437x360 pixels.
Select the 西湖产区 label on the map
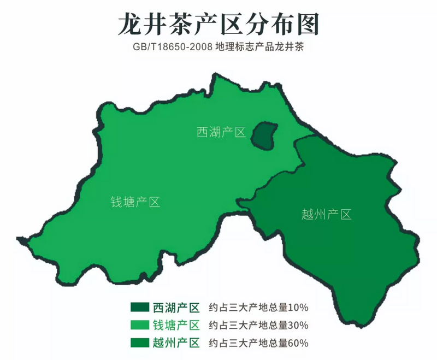click(x=221, y=132)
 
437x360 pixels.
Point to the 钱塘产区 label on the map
click(x=135, y=202)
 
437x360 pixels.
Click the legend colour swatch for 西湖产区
click(x=139, y=307)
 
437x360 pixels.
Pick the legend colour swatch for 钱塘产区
click(x=139, y=325)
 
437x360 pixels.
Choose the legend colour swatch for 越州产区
click(x=139, y=343)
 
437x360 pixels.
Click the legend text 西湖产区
click(x=176, y=307)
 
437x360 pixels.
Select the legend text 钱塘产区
click(x=176, y=325)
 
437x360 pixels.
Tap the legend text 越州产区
click(x=176, y=343)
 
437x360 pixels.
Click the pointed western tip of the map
click(x=20, y=239)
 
